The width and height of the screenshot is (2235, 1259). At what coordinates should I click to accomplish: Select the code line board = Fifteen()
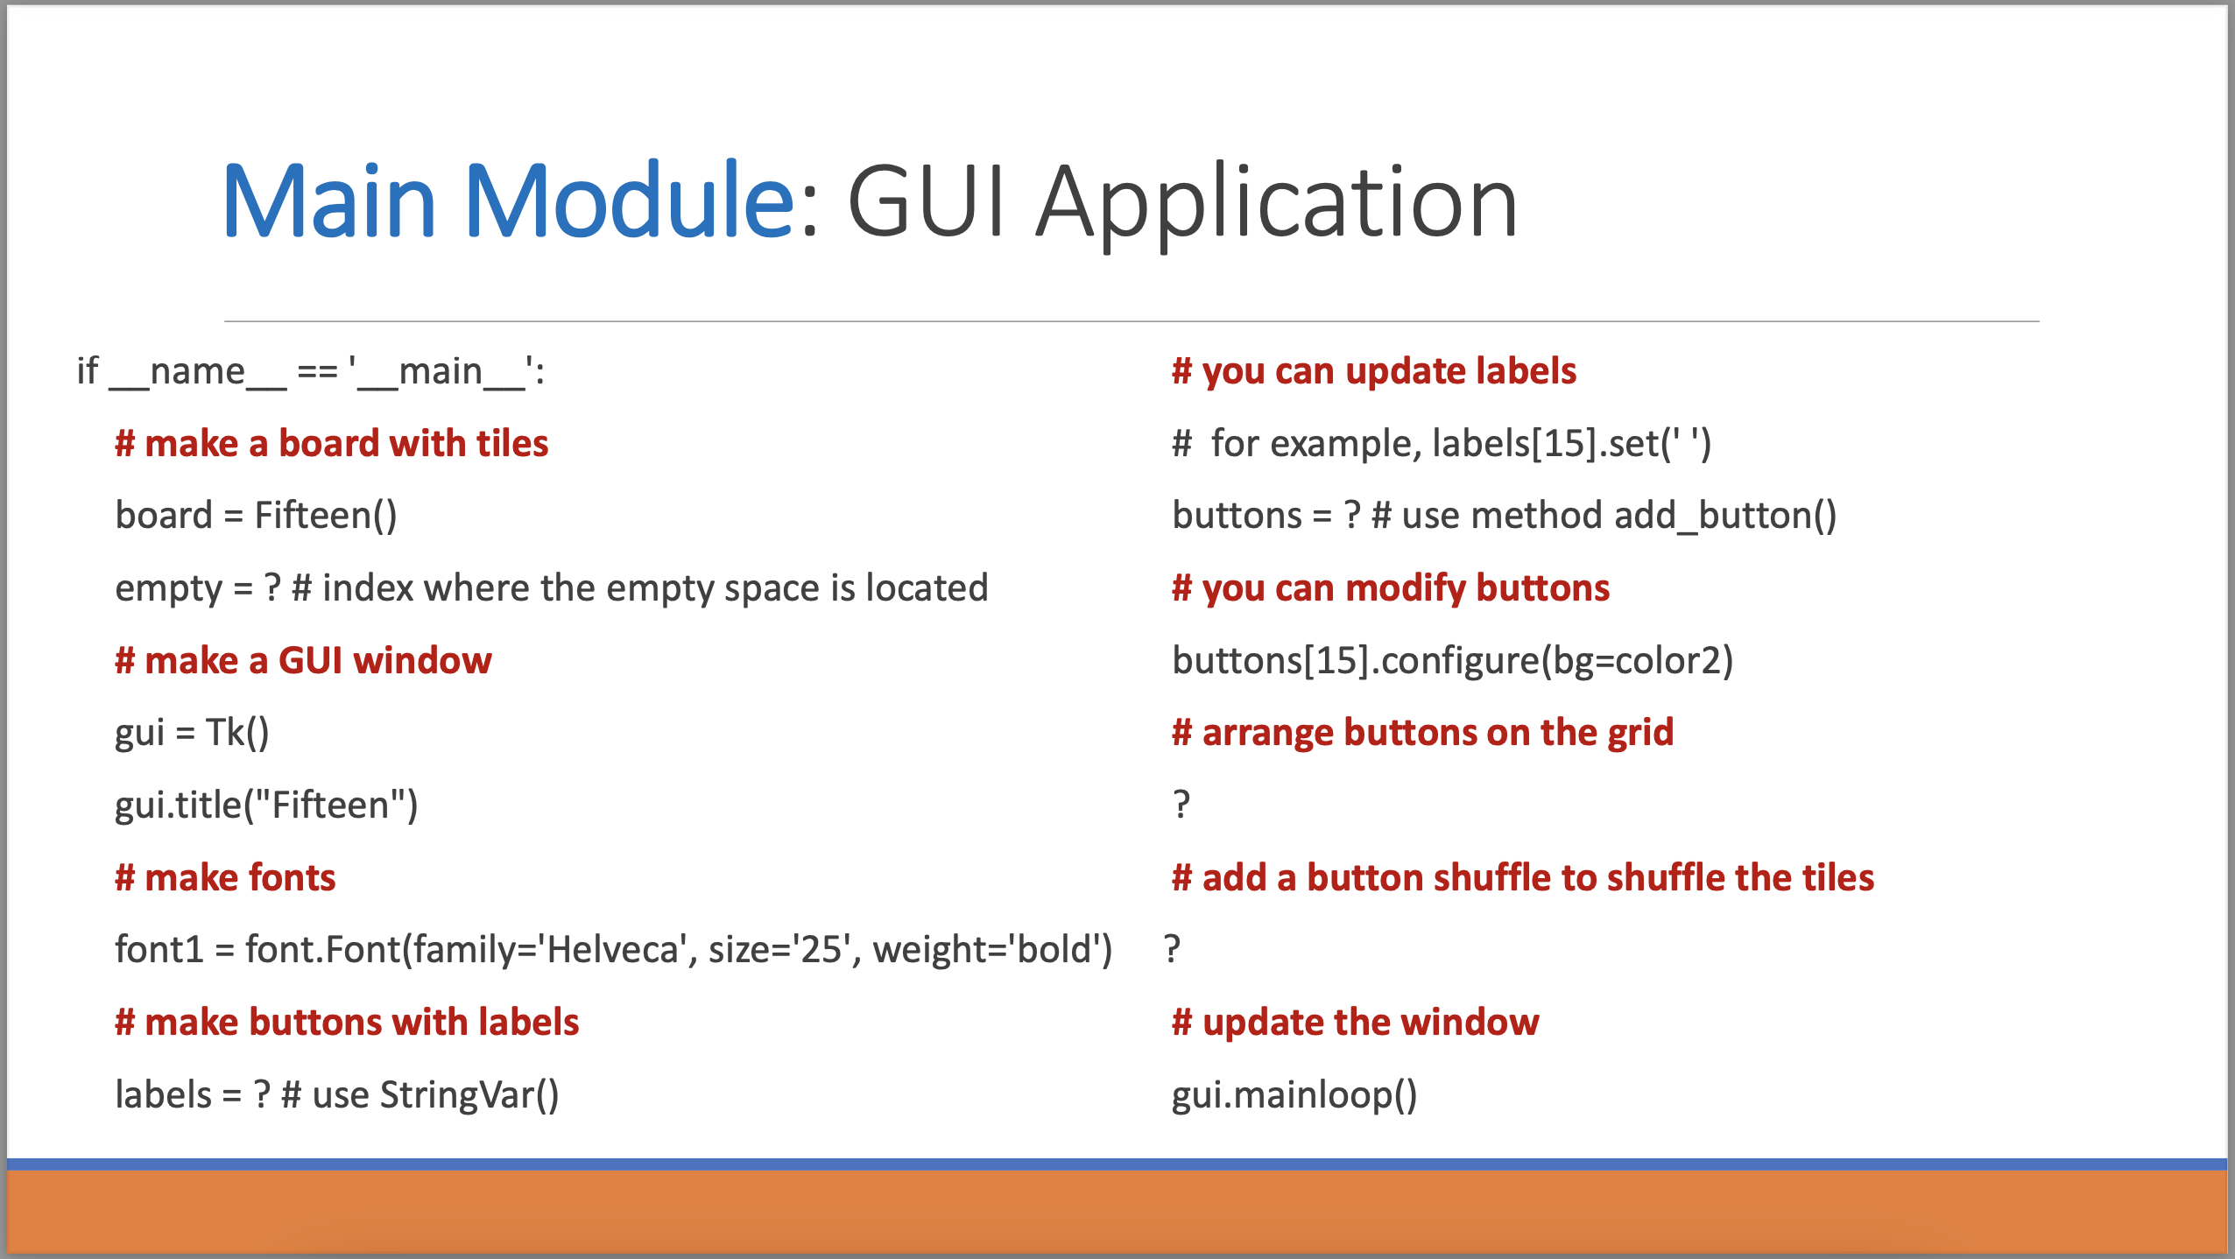pos(256,515)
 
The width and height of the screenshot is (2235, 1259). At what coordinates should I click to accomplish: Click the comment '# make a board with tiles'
pos(331,443)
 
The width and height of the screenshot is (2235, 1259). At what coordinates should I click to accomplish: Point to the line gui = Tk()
pos(192,732)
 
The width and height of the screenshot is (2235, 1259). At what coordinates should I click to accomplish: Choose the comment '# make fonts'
pos(225,877)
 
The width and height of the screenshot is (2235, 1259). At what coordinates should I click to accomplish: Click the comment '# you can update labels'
pos(1374,371)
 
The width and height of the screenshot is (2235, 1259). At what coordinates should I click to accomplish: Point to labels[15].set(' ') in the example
pos(1571,443)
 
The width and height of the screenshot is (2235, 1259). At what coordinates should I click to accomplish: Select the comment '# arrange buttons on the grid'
pos(1422,732)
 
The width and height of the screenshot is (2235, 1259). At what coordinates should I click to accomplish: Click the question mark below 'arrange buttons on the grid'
pos(1181,804)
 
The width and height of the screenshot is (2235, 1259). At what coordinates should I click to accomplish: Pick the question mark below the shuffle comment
pos(1173,949)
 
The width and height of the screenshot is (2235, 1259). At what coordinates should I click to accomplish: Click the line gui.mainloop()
pos(1294,1094)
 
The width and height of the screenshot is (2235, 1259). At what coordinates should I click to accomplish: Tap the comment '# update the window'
pos(1355,1022)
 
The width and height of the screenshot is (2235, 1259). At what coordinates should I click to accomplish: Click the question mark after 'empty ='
pos(272,587)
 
